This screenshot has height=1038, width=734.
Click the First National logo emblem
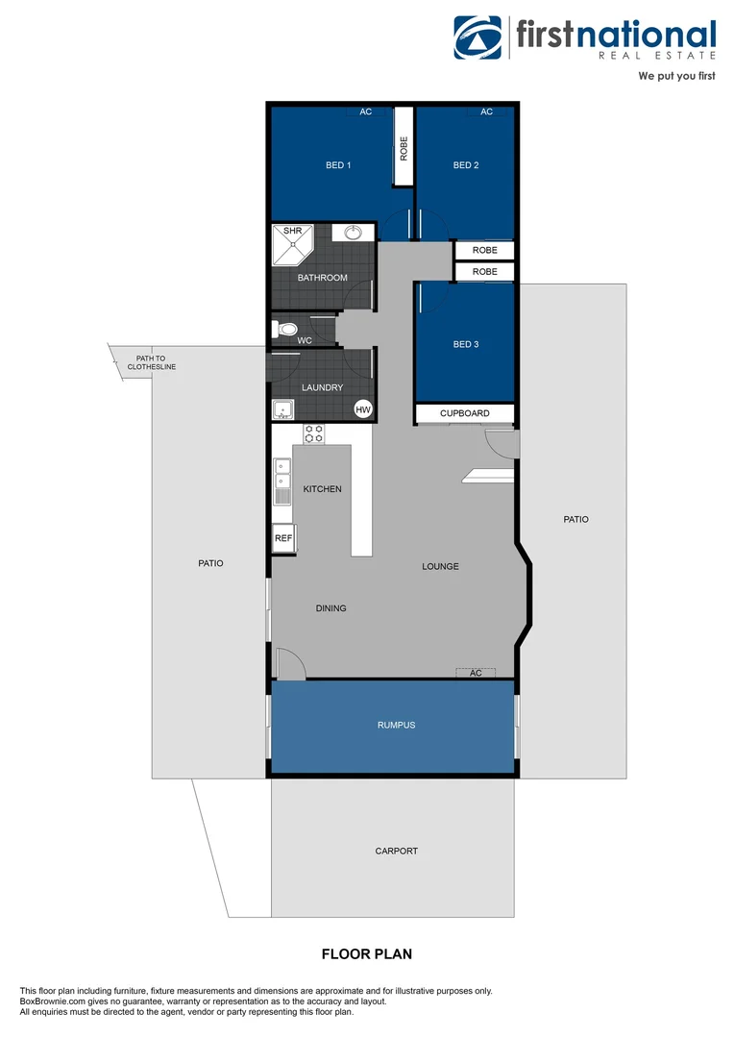click(x=477, y=37)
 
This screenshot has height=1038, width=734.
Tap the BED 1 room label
click(x=338, y=165)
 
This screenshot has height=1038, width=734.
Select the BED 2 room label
click(x=466, y=165)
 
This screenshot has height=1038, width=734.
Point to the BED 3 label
click(x=466, y=344)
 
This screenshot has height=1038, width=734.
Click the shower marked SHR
click(x=292, y=245)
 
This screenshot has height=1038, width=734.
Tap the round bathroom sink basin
click(x=352, y=233)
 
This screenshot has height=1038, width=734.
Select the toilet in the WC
click(x=285, y=330)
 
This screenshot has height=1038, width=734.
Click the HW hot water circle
click(x=363, y=410)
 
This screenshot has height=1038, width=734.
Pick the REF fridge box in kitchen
click(x=283, y=539)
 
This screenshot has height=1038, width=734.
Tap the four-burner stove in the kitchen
click(x=314, y=433)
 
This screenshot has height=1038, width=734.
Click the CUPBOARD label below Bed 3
click(x=465, y=413)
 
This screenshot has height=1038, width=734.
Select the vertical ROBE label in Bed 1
click(x=404, y=148)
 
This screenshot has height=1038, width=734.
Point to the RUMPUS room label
click(x=396, y=725)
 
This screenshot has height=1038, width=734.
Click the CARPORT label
click(x=396, y=851)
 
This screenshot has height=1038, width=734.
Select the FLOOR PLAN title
click(x=366, y=954)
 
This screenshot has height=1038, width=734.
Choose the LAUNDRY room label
click(x=322, y=387)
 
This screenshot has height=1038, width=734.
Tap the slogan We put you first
click(x=676, y=75)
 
